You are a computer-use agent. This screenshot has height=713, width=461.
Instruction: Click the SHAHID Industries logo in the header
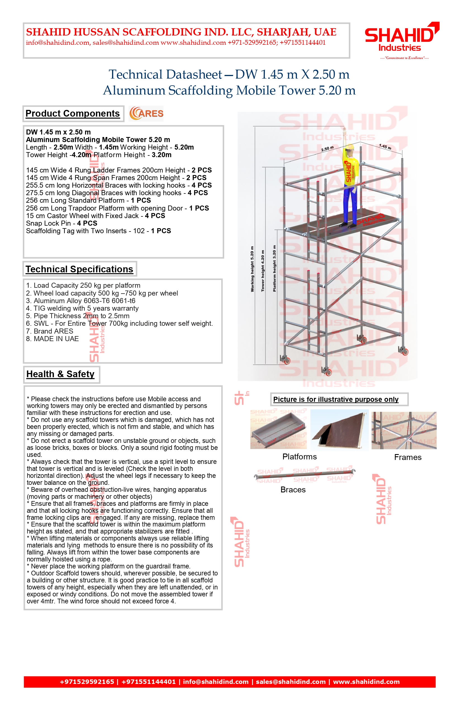(401, 37)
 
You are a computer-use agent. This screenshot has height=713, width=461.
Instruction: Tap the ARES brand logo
(146, 114)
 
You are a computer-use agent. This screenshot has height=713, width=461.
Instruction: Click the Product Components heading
(72, 114)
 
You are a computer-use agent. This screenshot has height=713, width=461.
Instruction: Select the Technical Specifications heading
(79, 269)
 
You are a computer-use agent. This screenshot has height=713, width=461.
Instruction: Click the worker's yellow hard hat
(349, 149)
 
